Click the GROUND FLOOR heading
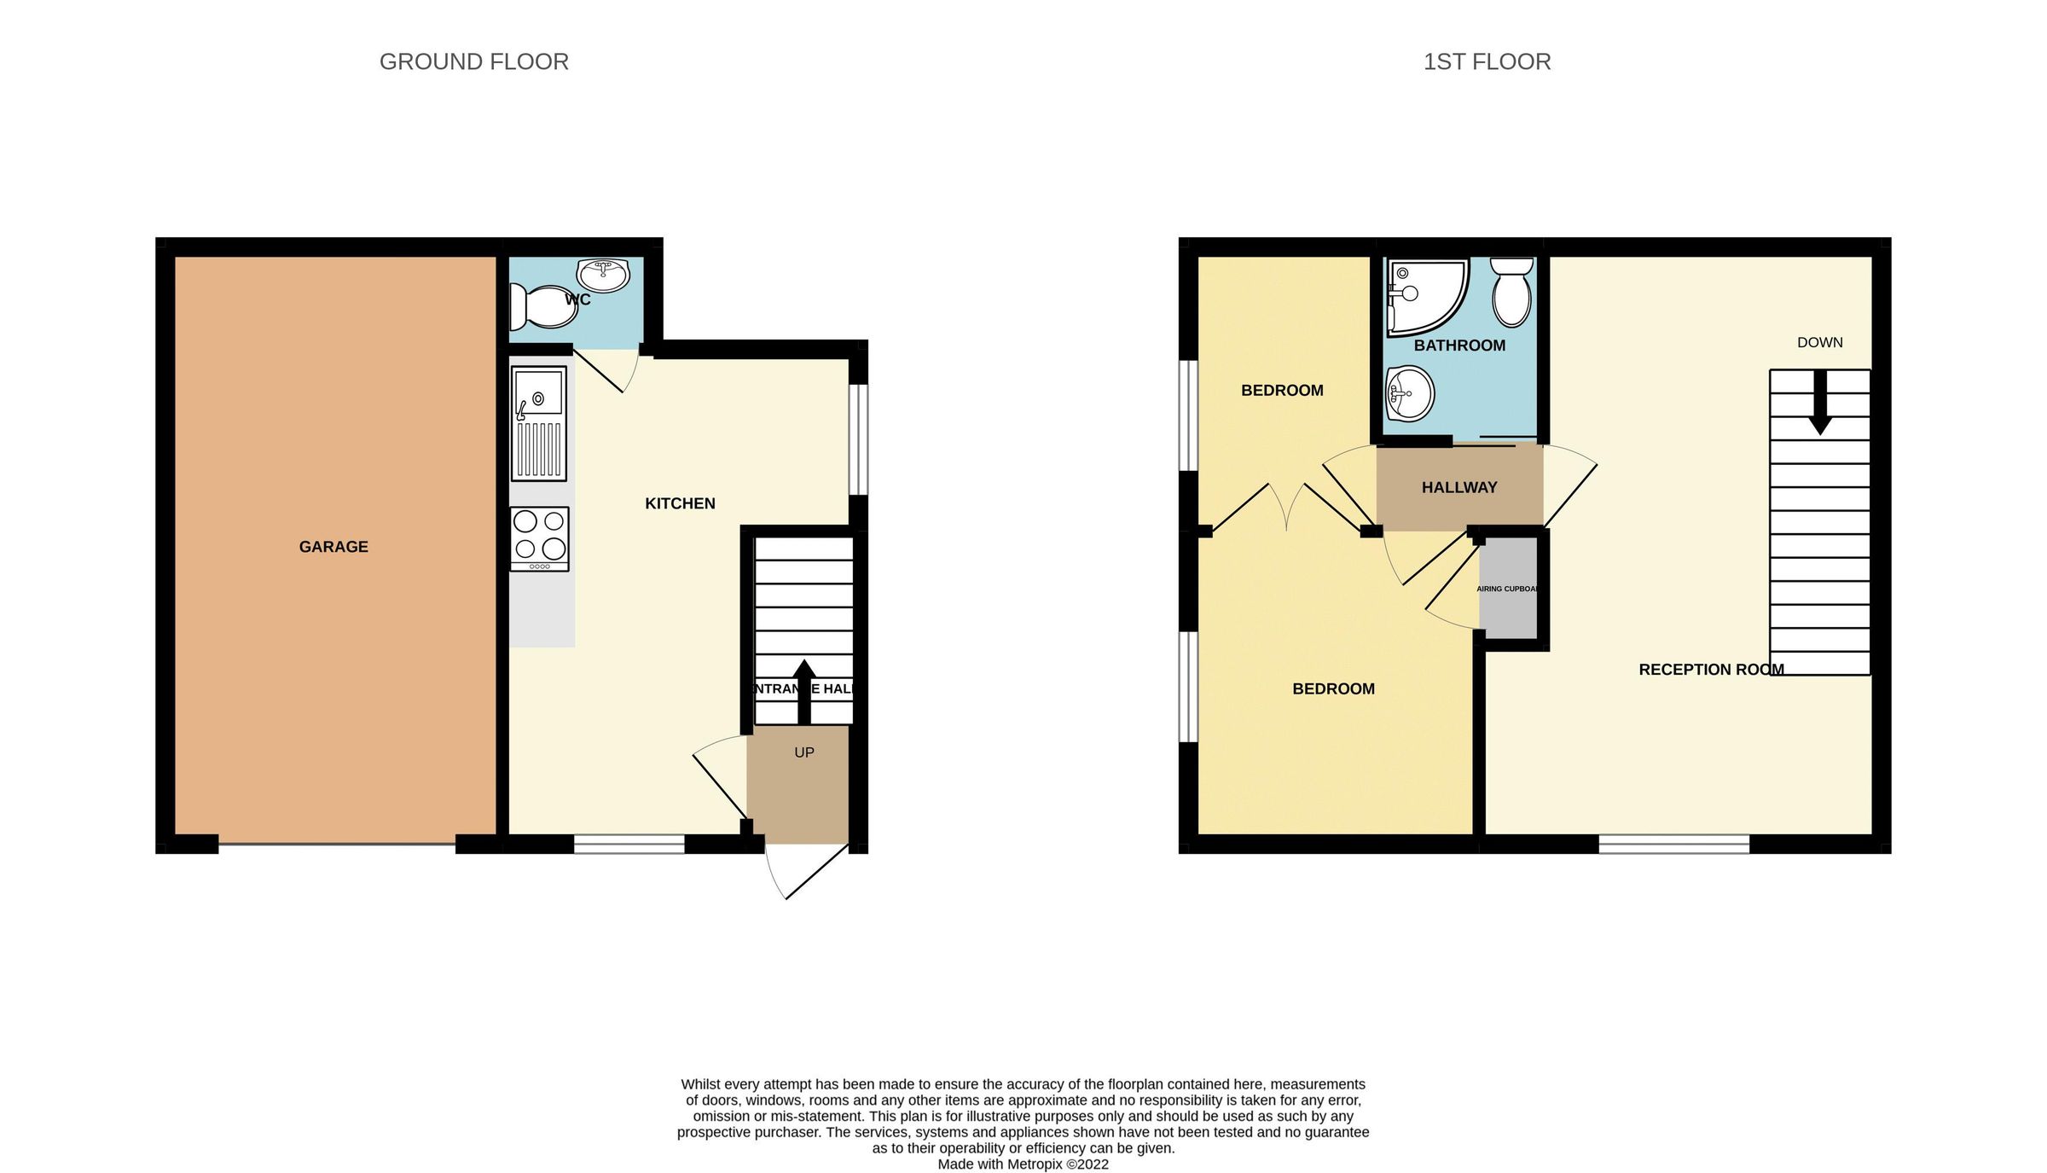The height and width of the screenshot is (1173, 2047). point(473,61)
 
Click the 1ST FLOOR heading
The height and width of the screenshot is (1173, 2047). point(1487,61)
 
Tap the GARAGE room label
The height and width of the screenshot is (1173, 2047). point(333,547)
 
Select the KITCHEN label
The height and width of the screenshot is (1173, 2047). point(680,503)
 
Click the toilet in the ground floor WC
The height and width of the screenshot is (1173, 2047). point(542,307)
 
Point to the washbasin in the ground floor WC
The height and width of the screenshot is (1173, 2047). point(603,274)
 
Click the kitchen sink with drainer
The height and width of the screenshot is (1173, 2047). point(539,423)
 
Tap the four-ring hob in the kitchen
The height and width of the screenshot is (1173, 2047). point(539,538)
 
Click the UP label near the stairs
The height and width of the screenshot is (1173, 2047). point(804,752)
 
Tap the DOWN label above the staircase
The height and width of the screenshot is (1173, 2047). point(1820,342)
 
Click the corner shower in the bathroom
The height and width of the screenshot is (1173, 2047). point(1424,295)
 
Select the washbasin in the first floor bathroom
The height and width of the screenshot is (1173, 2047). point(1409,394)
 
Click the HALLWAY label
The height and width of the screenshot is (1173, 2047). point(1459,487)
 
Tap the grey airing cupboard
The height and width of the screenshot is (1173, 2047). point(1508,589)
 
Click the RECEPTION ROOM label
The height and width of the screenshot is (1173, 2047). point(1711,670)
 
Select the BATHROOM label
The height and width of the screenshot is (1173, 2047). point(1459,346)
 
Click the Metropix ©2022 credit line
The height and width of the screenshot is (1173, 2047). point(1023,1164)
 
